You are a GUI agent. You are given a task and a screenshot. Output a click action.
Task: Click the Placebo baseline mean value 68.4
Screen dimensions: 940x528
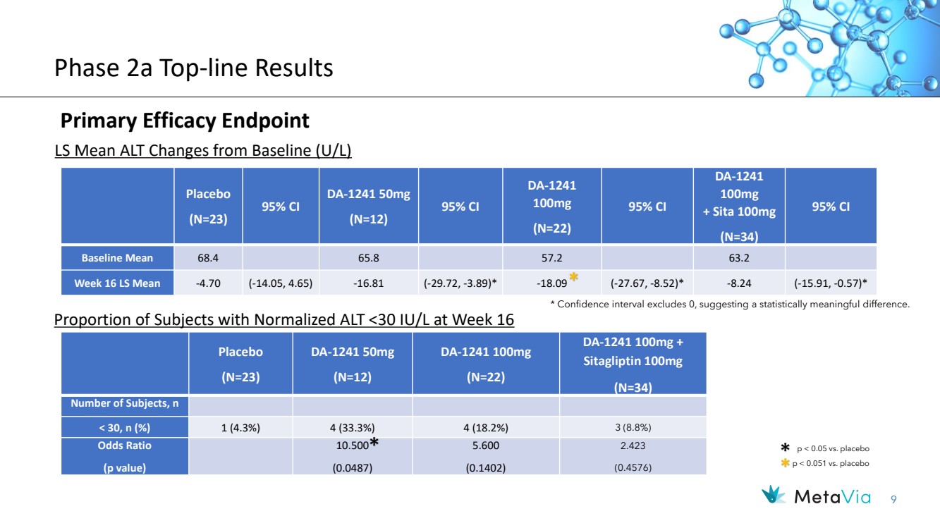click(x=208, y=258)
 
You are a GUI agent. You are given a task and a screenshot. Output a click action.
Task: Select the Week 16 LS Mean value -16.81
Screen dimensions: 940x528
click(x=368, y=283)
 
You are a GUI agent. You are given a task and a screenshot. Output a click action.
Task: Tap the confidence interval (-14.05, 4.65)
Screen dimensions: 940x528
click(x=281, y=283)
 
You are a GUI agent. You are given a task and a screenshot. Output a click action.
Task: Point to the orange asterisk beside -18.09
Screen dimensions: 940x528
click(x=573, y=277)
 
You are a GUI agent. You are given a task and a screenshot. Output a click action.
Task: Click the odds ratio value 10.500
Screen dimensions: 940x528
click(x=352, y=446)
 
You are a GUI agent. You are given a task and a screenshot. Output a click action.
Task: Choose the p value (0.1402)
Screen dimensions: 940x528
click(x=486, y=468)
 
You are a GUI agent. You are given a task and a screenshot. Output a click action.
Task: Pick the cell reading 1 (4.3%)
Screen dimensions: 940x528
click(x=240, y=428)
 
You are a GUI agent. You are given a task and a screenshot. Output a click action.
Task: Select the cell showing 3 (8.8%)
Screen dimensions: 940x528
click(x=633, y=427)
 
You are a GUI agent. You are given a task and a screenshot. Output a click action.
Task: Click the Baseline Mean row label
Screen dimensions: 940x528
click(x=117, y=258)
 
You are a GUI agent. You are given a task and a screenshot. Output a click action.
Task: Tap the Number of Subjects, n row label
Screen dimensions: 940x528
click(x=125, y=403)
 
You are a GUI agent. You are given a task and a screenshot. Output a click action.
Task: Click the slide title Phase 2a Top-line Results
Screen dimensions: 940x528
click(x=193, y=68)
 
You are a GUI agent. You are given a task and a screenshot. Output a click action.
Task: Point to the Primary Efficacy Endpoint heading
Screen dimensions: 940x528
click(x=185, y=121)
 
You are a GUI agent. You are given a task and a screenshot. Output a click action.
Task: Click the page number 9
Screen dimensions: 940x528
click(x=893, y=500)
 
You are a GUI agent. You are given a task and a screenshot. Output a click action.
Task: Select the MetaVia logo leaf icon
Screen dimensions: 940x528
click(x=773, y=495)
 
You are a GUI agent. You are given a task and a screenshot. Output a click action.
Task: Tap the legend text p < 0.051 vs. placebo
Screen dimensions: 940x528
click(x=831, y=463)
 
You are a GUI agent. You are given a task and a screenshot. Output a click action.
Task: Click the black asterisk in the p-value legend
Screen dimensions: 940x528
click(x=785, y=448)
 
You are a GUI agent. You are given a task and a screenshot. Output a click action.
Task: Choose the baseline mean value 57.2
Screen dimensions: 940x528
click(x=551, y=258)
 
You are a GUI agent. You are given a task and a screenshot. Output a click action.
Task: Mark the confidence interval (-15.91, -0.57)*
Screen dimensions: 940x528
click(x=830, y=283)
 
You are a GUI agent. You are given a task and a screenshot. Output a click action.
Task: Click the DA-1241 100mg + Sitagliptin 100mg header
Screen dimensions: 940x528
click(x=633, y=364)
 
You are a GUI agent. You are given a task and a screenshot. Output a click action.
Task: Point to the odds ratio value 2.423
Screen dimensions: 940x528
click(x=633, y=446)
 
